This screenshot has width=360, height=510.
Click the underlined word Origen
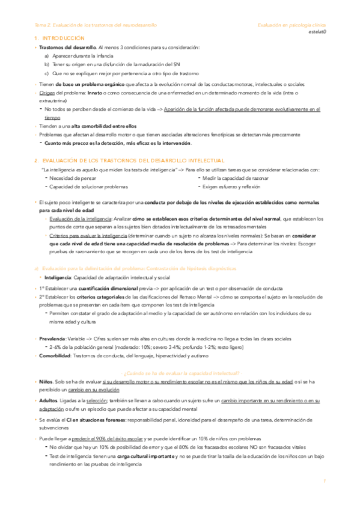point(46,93)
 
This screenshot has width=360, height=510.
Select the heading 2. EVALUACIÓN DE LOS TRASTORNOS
point(129,161)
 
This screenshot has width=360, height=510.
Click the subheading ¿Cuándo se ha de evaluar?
point(180,373)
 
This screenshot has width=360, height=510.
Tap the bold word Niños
point(45,382)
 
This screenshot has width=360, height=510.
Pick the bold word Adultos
point(48,401)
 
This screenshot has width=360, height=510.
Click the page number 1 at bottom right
point(323,482)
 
